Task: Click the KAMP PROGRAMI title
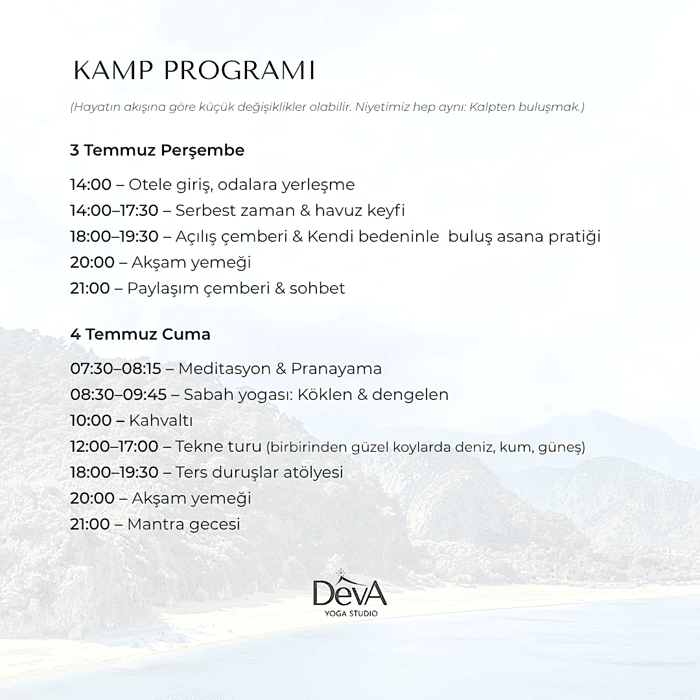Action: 194,71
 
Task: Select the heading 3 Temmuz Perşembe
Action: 157,150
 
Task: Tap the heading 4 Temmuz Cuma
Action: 140,334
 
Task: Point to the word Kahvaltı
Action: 161,420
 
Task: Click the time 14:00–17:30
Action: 114,210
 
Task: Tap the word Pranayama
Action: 336,369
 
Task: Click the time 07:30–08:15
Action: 115,369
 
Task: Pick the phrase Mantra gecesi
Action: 183,524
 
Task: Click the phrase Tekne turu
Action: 218,446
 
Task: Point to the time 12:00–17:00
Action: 114,446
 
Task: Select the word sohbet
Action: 318,288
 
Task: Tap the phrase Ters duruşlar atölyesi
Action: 259,472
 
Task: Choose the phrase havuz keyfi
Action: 360,210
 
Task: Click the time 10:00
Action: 91,420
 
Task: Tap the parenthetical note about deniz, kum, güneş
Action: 425,447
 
